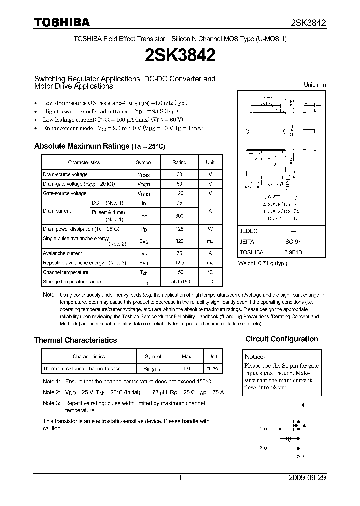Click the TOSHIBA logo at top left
[61, 22]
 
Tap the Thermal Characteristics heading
[75, 340]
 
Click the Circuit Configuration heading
[282, 339]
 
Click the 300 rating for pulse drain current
[179, 216]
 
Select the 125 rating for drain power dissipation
[179, 229]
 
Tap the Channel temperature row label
[65, 272]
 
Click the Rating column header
[179, 162]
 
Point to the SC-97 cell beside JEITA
[293, 241]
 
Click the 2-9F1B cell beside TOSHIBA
[293, 252]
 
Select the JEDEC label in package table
[249, 231]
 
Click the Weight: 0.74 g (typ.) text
[263, 263]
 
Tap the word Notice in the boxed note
[255, 357]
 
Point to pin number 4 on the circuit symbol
[302, 405]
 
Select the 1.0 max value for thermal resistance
[186, 369]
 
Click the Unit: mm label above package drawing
[315, 85]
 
